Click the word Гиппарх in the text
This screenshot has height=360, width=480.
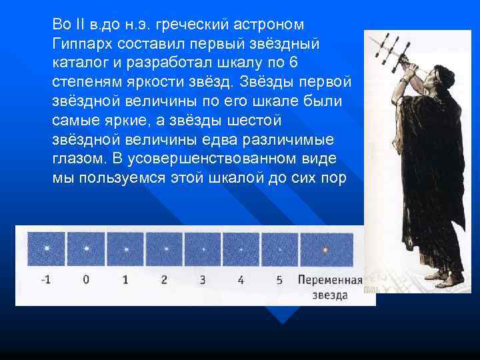83,43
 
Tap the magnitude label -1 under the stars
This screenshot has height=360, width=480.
46,280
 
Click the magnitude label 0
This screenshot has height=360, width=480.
86,280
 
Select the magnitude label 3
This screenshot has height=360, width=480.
203,280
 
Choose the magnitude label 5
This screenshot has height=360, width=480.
279,280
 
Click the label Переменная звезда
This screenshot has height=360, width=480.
330,287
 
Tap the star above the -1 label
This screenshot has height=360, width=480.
46,249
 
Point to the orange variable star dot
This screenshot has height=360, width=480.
325,250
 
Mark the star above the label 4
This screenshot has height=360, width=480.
241,250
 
